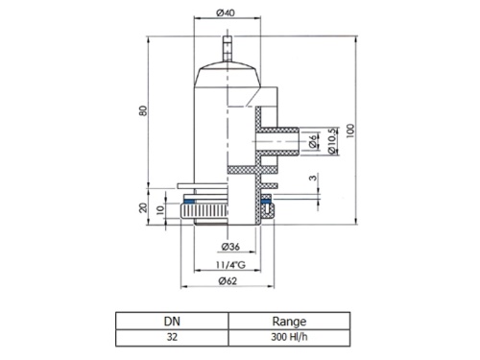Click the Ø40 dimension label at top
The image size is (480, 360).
tap(226, 12)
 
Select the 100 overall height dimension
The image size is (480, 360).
tap(350, 131)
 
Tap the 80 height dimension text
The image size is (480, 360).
tap(143, 110)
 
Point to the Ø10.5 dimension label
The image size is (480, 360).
tap(333, 141)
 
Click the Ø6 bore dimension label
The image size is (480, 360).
tap(313, 141)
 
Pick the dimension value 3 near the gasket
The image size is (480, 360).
tap(314, 177)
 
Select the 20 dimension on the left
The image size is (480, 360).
tap(143, 208)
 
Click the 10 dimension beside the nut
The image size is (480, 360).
tap(160, 210)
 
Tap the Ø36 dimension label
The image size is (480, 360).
tap(230, 247)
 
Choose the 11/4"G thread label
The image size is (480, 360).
tap(230, 265)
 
